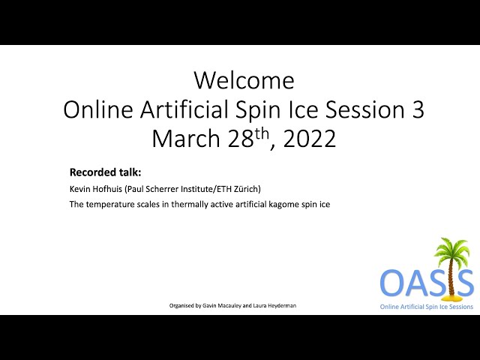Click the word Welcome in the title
(244, 80)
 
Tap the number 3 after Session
(417, 109)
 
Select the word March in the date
(186, 138)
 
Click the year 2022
(309, 138)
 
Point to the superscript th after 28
(262, 133)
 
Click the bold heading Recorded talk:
(105, 172)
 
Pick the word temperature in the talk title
(110, 204)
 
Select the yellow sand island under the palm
(450, 297)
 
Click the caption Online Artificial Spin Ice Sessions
(427, 307)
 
